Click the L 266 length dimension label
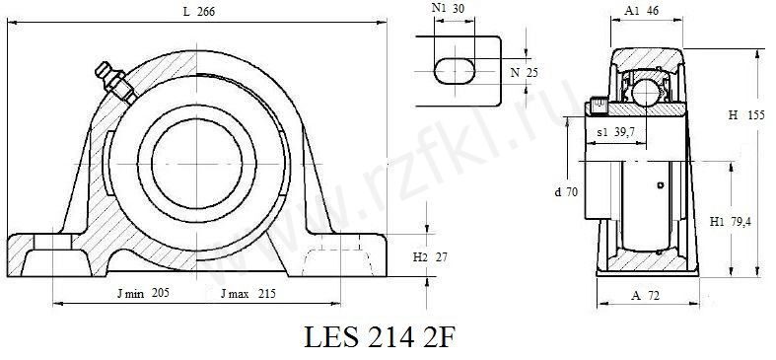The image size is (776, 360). pos(199,12)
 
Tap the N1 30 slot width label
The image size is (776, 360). pos(448,8)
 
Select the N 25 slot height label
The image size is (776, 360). pos(525,73)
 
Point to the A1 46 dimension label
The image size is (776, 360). pos(641,11)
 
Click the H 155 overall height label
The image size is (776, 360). pos(746,115)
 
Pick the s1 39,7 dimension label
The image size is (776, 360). pos(615,132)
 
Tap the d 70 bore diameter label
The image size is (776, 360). pos(566,192)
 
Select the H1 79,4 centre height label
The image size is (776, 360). pos(730,222)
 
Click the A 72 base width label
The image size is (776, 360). pos(645,296)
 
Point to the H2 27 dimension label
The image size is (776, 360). pos(430,257)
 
